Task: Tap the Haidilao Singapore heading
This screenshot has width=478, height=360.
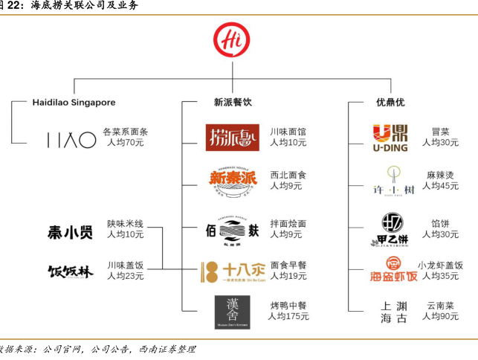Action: pos(74,102)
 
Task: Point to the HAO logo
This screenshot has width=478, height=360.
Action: pos(72,139)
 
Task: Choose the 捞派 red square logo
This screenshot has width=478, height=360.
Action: pos(233,138)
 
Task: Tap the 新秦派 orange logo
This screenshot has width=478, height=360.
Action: pos(233,179)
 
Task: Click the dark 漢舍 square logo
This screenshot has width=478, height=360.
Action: pos(233,312)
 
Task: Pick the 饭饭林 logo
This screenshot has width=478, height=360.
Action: pos(71,271)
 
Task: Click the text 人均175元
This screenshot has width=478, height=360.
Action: pos(289,316)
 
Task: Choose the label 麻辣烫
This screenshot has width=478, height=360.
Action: pos(440,176)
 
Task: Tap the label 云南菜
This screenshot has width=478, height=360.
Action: pos(440,306)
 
